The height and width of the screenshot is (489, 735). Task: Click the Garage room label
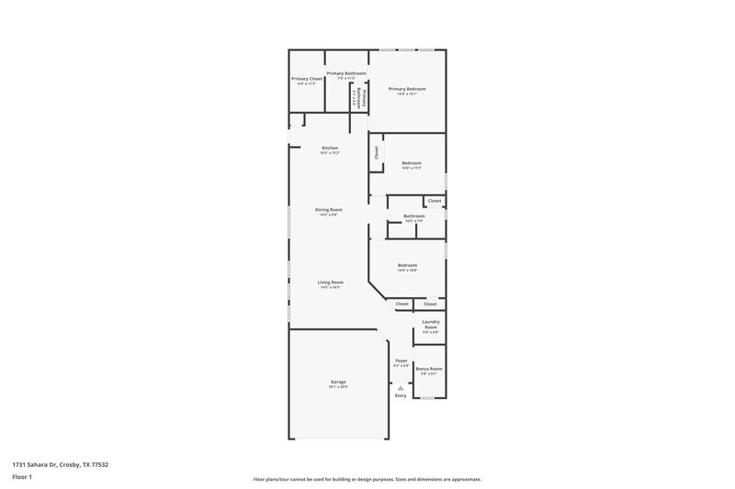click(338, 382)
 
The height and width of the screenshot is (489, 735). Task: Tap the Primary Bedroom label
click(407, 88)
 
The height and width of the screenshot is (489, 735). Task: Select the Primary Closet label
click(307, 79)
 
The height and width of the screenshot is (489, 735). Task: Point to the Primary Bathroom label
click(346, 73)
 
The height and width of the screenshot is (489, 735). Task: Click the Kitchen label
click(330, 148)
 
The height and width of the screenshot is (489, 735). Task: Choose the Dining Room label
click(329, 209)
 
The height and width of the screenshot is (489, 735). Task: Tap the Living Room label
click(331, 282)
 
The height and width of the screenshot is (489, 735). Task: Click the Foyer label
click(401, 361)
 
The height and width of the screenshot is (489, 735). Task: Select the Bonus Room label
click(429, 369)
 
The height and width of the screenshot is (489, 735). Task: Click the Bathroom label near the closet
click(414, 216)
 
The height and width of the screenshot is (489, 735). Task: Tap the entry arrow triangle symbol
click(401, 388)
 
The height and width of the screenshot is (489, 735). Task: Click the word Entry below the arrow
click(401, 395)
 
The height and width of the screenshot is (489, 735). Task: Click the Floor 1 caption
click(22, 477)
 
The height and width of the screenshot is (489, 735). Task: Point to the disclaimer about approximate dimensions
click(367, 479)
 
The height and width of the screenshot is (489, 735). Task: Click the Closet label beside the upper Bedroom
click(376, 152)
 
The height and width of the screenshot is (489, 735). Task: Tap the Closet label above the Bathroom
click(435, 201)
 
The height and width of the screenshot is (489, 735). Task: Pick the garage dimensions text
click(338, 387)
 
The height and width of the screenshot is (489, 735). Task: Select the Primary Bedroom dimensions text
click(407, 94)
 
